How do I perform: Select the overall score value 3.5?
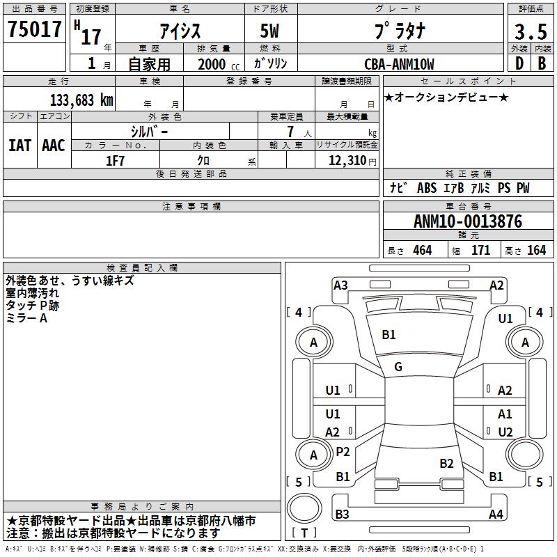coord(530,32)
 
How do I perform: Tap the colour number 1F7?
coord(115,161)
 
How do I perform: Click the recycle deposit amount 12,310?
coord(346,161)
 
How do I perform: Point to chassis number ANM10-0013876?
coord(467,221)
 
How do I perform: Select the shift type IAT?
coord(19,145)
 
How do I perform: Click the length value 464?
coord(422,250)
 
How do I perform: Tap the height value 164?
coord(536,250)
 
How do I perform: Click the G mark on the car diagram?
coord(398,367)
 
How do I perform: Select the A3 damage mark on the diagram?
coord(340,285)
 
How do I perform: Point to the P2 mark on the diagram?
coord(343,452)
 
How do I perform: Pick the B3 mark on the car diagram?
coord(342,515)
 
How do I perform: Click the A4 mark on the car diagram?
coord(496,515)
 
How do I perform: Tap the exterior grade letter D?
coord(519,63)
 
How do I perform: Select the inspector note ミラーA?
coord(26,317)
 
